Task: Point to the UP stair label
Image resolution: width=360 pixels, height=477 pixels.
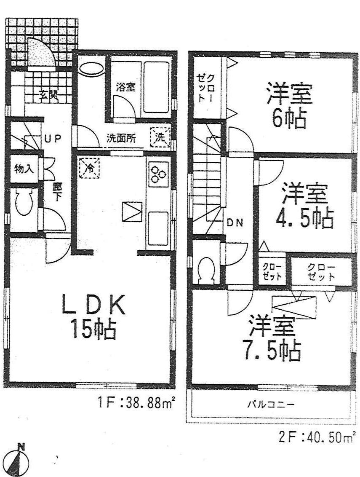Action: (53, 138)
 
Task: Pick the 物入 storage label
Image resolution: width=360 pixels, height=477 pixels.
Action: (24, 169)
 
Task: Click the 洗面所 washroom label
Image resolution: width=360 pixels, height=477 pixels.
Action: (121, 139)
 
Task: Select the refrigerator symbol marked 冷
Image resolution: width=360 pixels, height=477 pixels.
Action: (89, 167)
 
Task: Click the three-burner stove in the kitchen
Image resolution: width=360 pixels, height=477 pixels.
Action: (159, 174)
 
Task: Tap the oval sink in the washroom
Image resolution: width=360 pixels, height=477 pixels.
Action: (91, 69)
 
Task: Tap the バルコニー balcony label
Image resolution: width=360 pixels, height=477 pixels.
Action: (271, 405)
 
